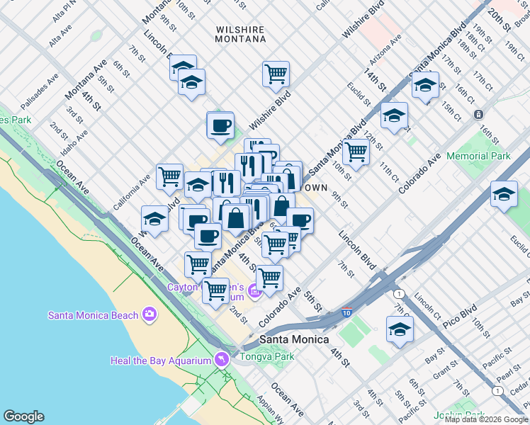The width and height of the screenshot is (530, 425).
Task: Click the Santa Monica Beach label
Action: [93, 315]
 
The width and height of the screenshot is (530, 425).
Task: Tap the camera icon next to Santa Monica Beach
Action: [149, 313]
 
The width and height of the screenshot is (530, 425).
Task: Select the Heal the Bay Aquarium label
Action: [161, 361]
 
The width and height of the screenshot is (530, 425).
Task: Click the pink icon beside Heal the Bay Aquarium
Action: [222, 360]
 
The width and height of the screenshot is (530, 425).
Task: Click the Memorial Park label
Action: [478, 156]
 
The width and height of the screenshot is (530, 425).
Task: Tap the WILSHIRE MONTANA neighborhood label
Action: [240, 35]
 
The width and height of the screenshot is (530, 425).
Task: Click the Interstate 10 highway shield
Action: [345, 311]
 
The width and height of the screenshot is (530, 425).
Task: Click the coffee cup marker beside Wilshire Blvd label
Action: [220, 126]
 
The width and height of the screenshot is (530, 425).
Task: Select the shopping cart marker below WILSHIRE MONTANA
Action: [276, 74]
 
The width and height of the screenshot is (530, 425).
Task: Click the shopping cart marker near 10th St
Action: [356, 150]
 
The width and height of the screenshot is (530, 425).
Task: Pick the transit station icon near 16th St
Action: [479, 114]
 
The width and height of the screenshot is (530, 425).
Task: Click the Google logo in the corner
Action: [23, 416]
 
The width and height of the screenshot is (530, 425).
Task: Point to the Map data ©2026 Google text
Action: [486, 419]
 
